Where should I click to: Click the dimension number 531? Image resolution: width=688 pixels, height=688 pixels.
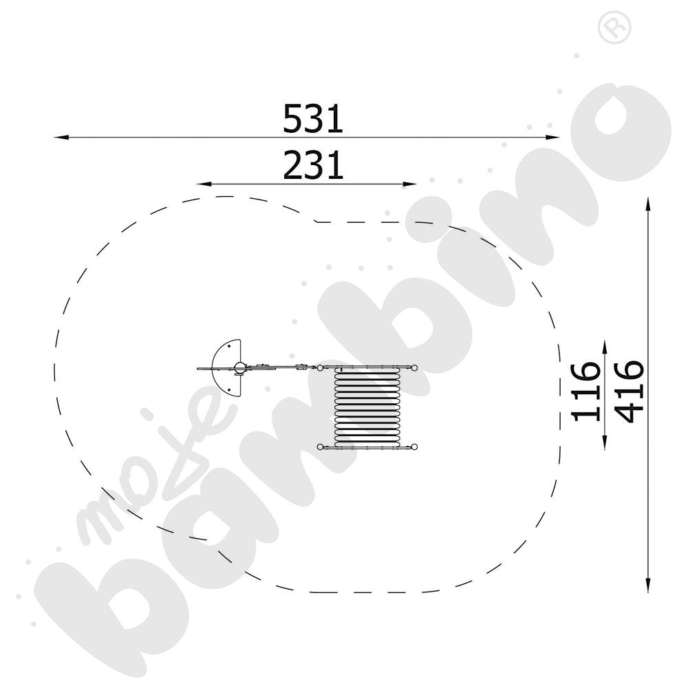click(312, 118)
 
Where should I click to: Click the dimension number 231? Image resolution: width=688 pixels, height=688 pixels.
click(313, 165)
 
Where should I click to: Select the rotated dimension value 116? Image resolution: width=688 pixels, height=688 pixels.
click(585, 392)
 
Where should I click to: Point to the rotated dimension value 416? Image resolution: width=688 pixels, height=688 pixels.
click(630, 392)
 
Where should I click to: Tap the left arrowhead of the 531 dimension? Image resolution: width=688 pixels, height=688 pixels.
click(61, 138)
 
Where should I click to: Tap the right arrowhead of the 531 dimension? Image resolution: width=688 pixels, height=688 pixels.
click(553, 138)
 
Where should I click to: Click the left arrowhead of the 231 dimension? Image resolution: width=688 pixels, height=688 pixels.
click(204, 184)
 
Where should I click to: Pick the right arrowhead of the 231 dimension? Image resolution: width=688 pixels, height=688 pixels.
click(409, 184)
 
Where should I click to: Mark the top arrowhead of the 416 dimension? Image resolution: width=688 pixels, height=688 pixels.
click(647, 204)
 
